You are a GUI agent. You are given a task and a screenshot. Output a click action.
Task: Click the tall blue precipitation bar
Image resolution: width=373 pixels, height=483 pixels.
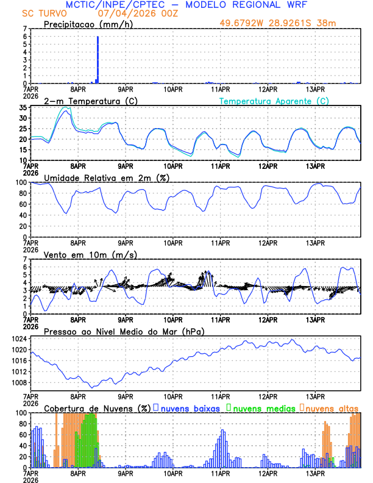[98, 60]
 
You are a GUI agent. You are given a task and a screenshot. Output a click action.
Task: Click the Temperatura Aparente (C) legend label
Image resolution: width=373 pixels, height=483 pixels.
[274, 101]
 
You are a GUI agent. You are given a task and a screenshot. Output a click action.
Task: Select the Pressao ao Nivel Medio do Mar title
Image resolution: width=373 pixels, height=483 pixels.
[124, 331]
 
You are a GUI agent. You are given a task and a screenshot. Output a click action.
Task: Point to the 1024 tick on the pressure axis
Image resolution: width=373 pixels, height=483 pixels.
[21, 338]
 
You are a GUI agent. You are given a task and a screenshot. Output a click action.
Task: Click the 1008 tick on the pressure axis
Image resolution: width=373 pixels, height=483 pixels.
[21, 382]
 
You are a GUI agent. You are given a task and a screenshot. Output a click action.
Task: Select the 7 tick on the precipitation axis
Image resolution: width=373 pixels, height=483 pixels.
[25, 29]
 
